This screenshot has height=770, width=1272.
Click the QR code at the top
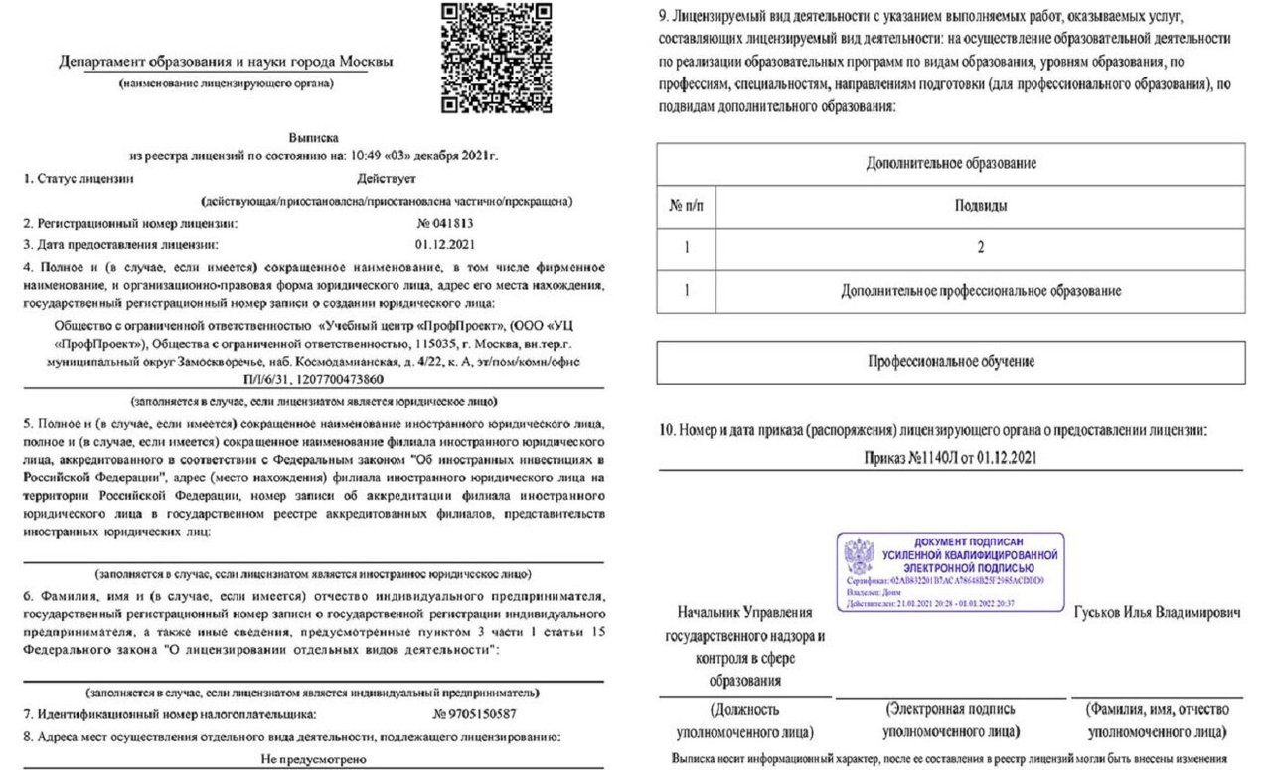pyautogui.click(x=482, y=57)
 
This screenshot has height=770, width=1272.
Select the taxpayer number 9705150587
pyautogui.click(x=476, y=713)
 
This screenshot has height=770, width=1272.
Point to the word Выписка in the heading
pyautogui.click(x=314, y=138)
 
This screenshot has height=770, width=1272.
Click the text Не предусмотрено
pyautogui.click(x=314, y=759)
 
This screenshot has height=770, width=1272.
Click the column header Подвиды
pyautogui.click(x=980, y=207)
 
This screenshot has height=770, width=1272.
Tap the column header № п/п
pyautogui.click(x=686, y=207)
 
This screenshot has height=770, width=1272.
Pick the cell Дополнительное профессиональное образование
pyautogui.click(x=980, y=291)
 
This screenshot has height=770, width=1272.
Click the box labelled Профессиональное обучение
pyautogui.click(x=950, y=362)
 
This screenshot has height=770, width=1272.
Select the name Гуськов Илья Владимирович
pyautogui.click(x=1157, y=613)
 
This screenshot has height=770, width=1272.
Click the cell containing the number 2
pyautogui.click(x=980, y=248)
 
